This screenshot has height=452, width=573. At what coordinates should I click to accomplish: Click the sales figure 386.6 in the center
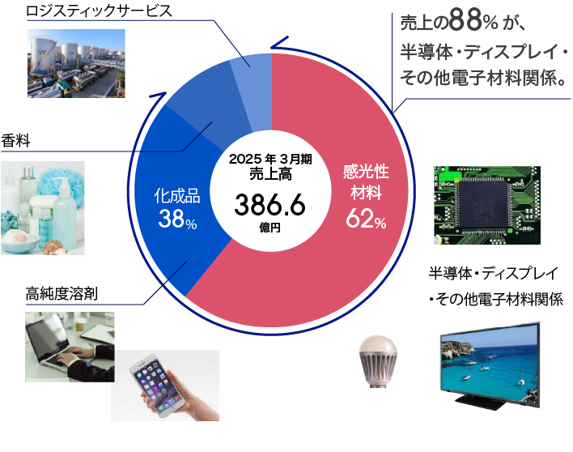(270, 205)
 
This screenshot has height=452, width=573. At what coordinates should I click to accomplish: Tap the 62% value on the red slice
(366, 219)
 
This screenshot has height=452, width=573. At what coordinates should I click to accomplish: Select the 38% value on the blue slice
(177, 219)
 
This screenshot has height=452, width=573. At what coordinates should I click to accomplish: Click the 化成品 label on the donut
(177, 196)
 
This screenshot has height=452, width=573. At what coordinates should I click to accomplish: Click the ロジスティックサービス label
(99, 11)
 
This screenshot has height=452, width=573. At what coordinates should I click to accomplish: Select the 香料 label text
(15, 141)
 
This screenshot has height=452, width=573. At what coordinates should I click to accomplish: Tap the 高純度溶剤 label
(62, 294)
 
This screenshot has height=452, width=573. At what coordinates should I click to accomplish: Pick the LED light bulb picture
(377, 361)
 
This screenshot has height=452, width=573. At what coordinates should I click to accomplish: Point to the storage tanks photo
(76, 63)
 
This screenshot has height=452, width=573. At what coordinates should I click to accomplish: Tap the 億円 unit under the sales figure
(270, 228)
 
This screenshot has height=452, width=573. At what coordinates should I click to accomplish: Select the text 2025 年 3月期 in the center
(270, 159)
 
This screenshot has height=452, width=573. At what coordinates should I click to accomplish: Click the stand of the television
(479, 400)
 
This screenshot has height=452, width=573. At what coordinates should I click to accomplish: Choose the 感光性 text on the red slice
(366, 172)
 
